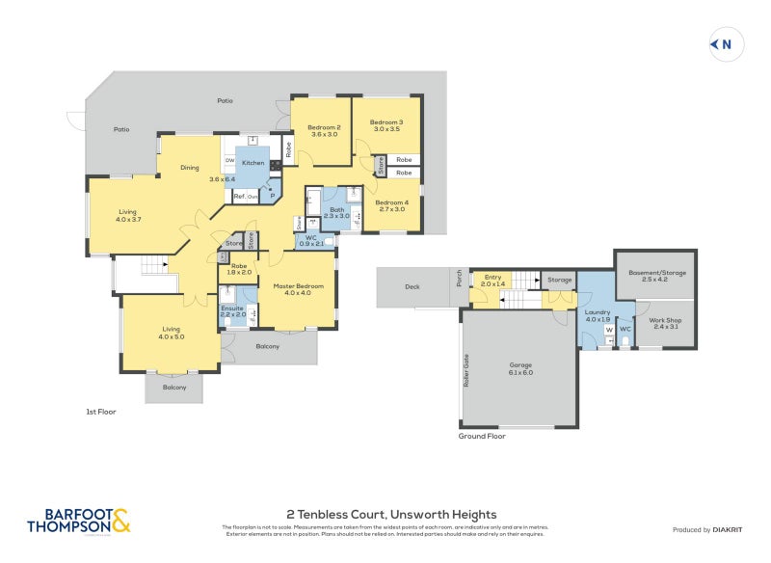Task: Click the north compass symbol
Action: click(724, 43)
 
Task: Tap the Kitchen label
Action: click(253, 163)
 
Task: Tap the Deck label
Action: click(412, 287)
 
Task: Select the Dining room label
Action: click(190, 168)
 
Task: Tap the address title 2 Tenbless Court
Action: click(392, 515)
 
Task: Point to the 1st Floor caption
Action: click(101, 412)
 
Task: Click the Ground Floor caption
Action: click(482, 436)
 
